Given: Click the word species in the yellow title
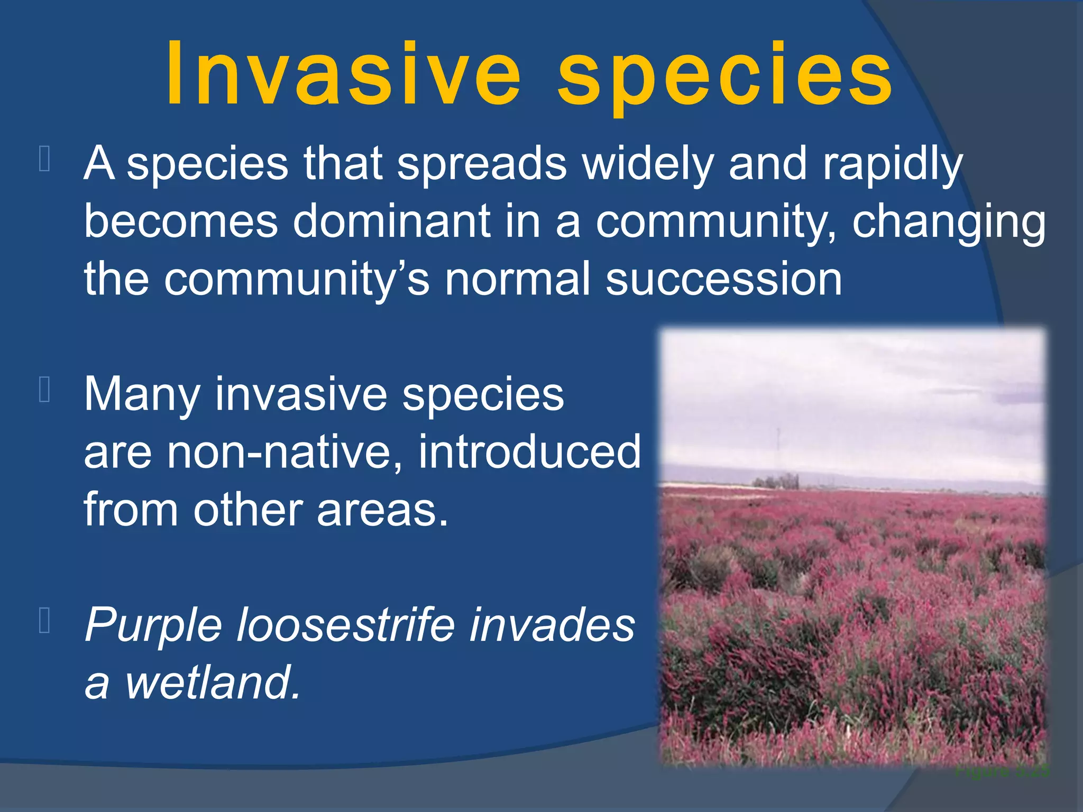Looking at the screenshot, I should [724, 77].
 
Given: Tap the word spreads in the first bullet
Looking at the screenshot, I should [482, 164].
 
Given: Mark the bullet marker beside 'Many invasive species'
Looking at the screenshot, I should [45, 390].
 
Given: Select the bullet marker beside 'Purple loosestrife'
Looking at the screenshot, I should [45, 621].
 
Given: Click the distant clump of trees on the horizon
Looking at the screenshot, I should [775, 482].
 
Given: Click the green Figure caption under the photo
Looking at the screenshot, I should [1002, 771].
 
